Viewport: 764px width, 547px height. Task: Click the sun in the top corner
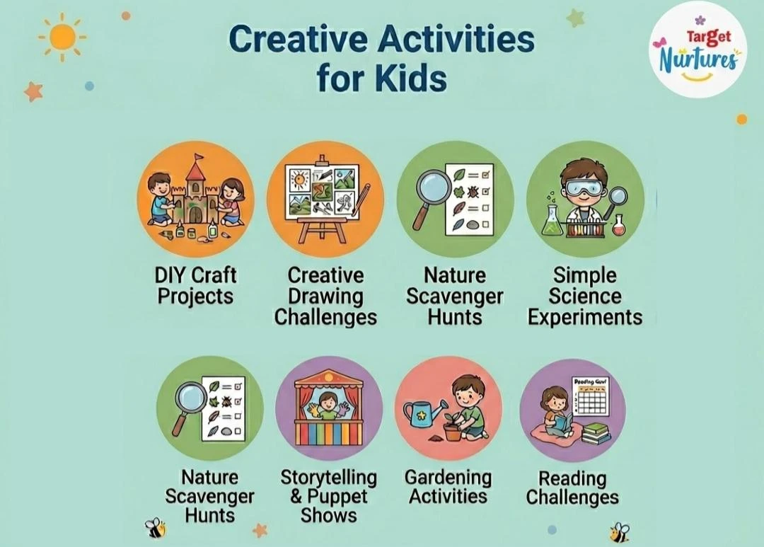tap(62, 36)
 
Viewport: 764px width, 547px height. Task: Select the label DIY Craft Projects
tap(196, 285)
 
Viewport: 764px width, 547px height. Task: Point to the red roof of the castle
tap(195, 168)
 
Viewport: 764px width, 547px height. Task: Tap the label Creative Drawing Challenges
tap(325, 296)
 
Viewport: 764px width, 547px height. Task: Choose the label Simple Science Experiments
tap(585, 296)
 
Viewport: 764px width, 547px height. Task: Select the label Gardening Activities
tap(448, 487)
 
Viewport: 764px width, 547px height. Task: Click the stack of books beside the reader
tap(596, 432)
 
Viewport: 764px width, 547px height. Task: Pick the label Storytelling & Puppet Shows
tap(328, 496)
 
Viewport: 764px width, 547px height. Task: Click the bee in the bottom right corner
tap(619, 531)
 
